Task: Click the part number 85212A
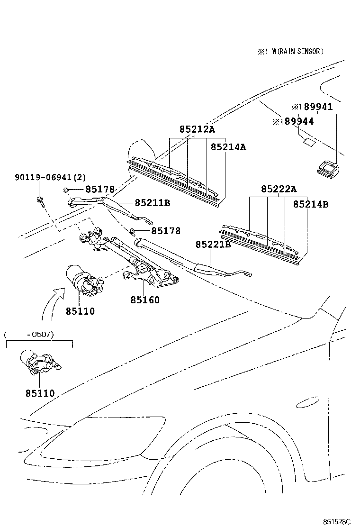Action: pos(197,129)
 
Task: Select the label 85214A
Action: pos(228,147)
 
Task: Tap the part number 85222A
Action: pos(279,189)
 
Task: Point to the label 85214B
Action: pos(311,205)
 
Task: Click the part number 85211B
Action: pos(152,203)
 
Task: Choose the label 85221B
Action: pos(213,245)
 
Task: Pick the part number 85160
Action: pos(145,300)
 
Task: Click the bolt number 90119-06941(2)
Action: pos(50,178)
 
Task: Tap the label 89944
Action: pos(296,122)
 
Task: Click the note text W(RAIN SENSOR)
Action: pos(294,52)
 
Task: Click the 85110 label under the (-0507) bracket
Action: pos(40,393)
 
